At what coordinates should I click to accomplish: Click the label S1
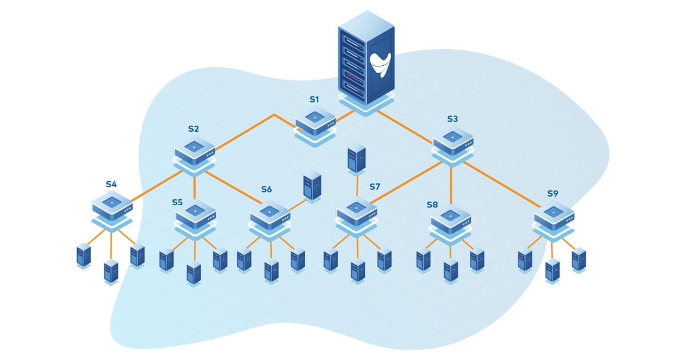[x=314, y=99]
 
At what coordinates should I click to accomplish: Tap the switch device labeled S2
[x=194, y=150]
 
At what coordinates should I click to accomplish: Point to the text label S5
[x=177, y=202]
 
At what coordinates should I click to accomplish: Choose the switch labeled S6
[x=270, y=215]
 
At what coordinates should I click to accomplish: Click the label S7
[x=374, y=186]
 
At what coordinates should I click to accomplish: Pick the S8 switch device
[x=451, y=218]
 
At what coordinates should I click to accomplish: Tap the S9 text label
[x=552, y=193]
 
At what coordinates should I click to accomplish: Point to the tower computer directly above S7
[x=356, y=159]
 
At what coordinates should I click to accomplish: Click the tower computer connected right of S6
[x=312, y=186]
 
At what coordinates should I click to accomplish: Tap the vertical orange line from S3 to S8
[x=452, y=185]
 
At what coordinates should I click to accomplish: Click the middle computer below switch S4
[x=111, y=271]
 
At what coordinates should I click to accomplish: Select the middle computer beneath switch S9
[x=552, y=270]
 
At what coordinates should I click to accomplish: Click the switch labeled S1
[x=315, y=121]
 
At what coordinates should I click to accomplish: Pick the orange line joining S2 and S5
[x=194, y=186]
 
